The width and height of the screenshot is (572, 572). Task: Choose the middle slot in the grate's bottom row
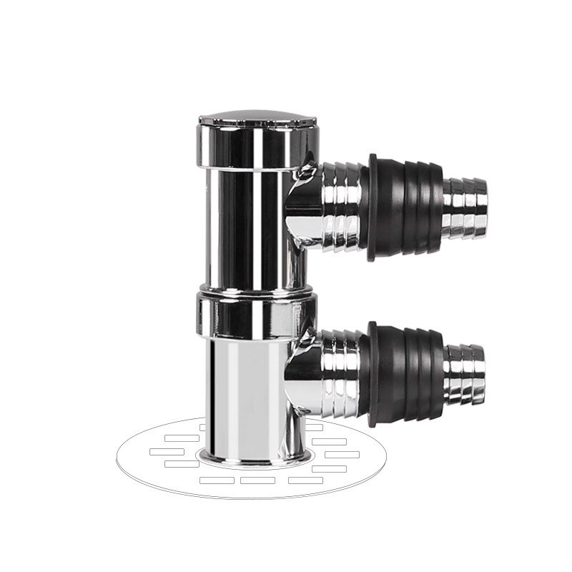258,479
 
